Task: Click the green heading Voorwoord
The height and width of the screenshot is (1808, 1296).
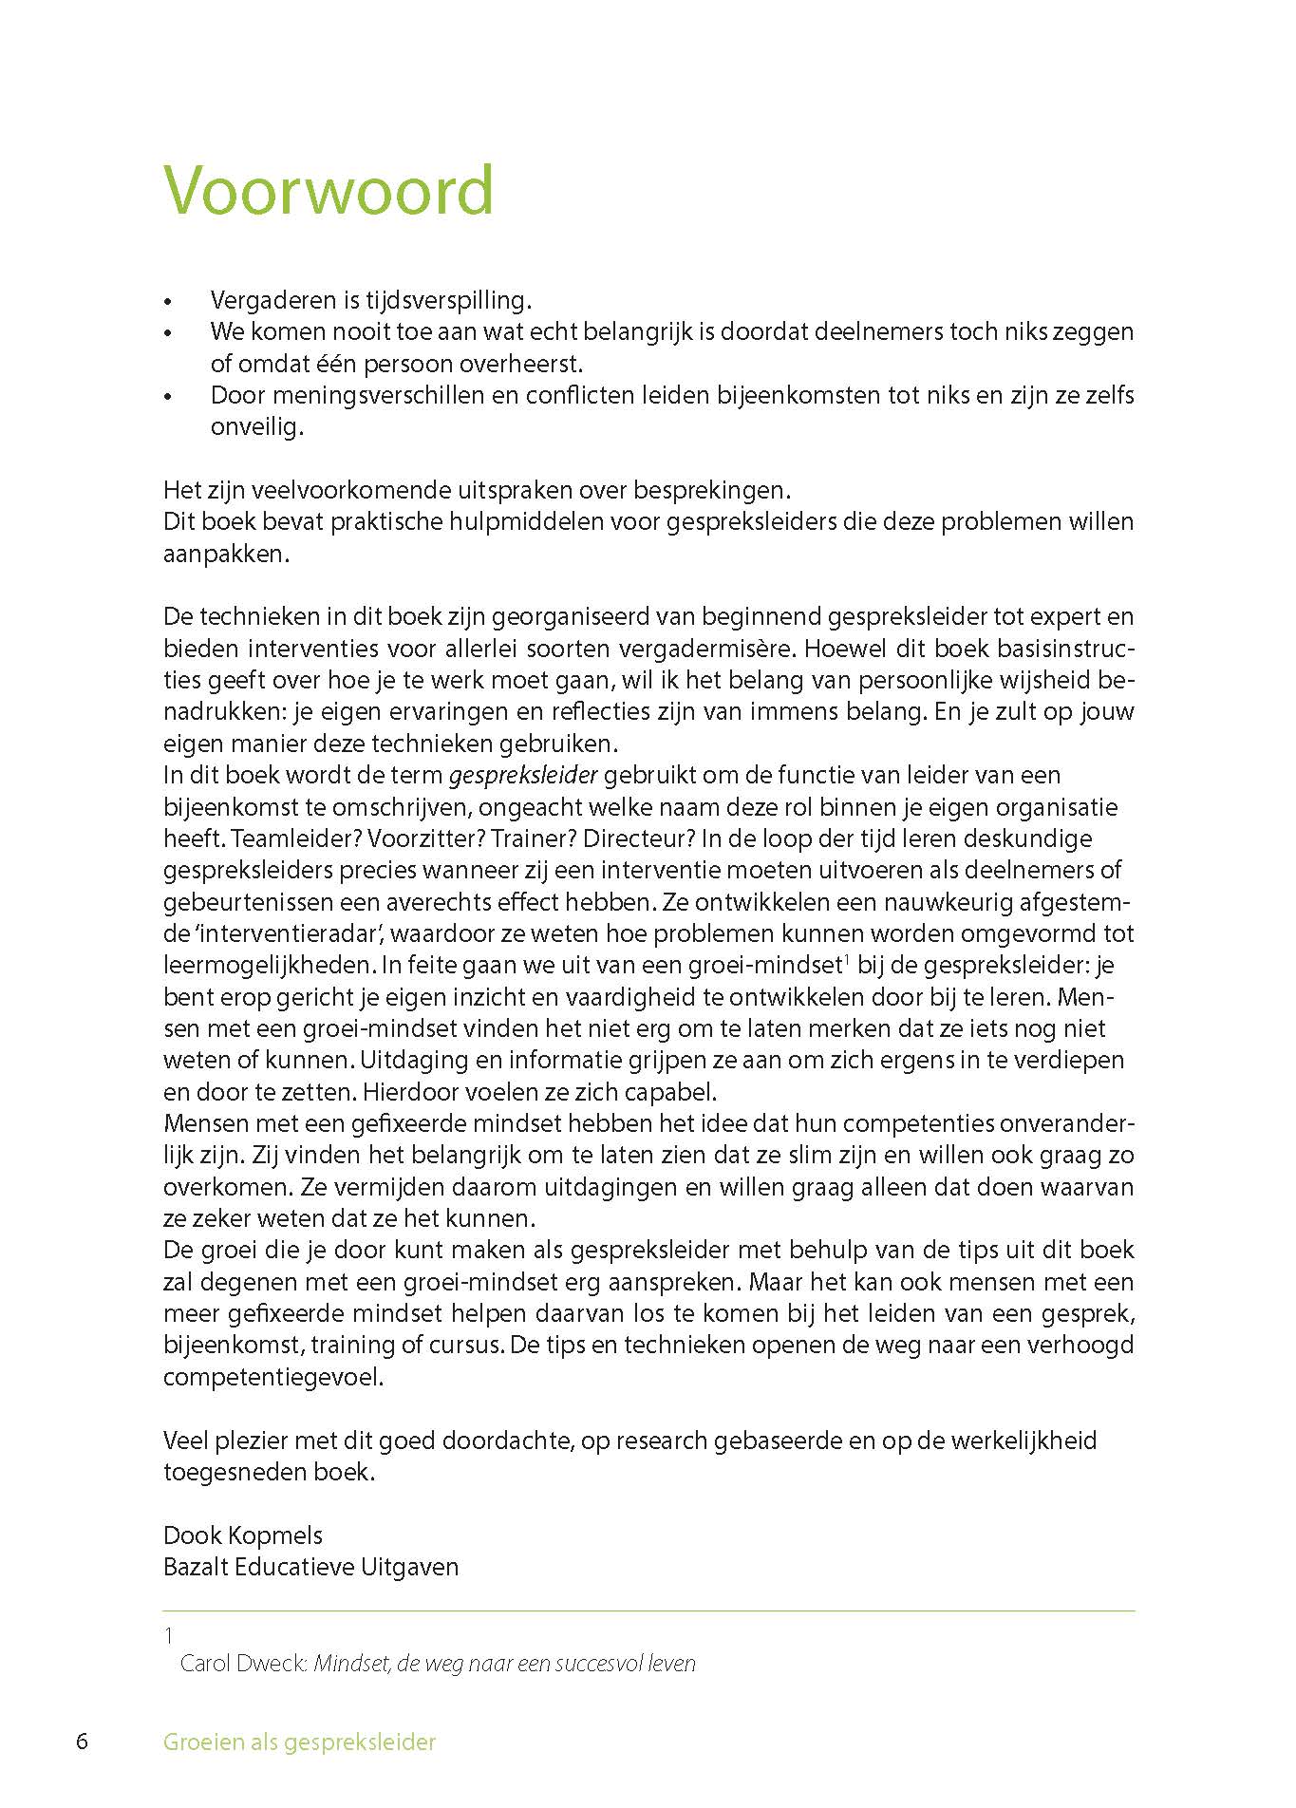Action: tap(329, 190)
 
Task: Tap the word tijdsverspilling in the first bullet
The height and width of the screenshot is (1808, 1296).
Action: tap(448, 301)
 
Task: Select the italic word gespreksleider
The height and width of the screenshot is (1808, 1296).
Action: tap(523, 776)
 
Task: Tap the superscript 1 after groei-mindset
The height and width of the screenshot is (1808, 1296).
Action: tap(845, 960)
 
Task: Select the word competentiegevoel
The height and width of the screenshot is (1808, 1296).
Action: tap(273, 1378)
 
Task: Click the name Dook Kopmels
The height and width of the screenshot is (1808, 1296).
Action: tap(243, 1536)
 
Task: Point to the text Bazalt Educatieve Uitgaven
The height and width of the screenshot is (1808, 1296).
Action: tap(310, 1568)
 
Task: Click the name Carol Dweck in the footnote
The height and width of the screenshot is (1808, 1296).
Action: tap(244, 1664)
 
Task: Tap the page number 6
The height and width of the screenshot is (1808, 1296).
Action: tap(83, 1742)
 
